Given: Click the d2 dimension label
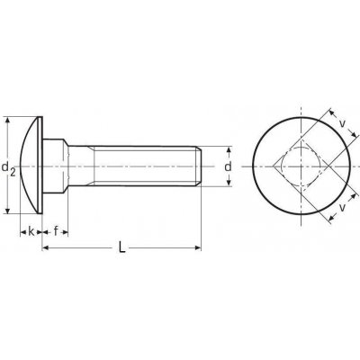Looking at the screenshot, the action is point(8,168).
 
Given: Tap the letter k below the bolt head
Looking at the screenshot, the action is point(31,231).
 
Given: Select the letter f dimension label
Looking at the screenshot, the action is point(56,231).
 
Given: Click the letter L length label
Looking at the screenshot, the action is point(121,247).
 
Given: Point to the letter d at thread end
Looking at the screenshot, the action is point(229,166).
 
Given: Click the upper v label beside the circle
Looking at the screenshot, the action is point(342,122).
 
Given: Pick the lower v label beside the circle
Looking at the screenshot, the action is point(342,207).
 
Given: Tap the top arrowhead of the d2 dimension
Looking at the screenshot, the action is point(8,121).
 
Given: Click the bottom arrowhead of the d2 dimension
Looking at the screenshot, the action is point(8,210).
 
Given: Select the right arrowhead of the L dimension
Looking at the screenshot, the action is point(197,247).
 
